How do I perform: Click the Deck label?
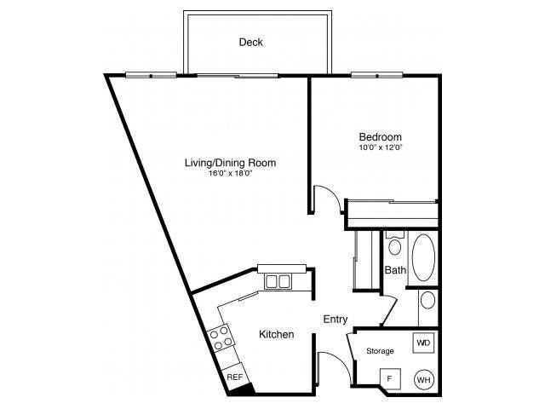click(250, 42)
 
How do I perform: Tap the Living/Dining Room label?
click(231, 162)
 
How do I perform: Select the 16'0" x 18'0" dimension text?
click(231, 173)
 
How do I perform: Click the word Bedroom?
click(380, 136)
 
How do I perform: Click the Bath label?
click(395, 270)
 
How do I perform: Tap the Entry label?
click(335, 320)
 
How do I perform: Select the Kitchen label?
click(276, 335)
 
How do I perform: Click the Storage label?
click(380, 351)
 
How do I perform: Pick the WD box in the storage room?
click(423, 343)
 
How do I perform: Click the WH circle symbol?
click(423, 379)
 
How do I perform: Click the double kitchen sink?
click(277, 280)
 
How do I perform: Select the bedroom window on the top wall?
click(376, 75)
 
